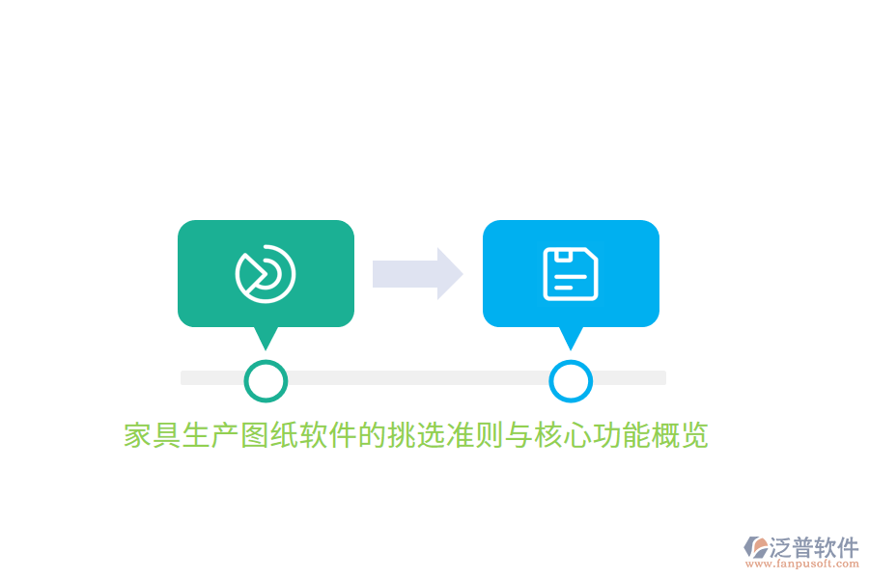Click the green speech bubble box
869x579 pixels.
(x=266, y=273)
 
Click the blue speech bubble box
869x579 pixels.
(x=571, y=273)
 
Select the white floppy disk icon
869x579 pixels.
(x=571, y=274)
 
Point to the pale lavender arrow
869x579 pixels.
(x=418, y=274)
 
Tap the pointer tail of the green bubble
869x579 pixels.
(x=266, y=338)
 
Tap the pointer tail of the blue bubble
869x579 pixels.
(x=571, y=338)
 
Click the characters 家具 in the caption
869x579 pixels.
(x=153, y=435)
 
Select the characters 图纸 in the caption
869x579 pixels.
(x=270, y=435)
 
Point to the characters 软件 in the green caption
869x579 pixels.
(x=328, y=435)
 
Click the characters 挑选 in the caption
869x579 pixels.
(x=417, y=435)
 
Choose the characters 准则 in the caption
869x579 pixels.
(x=475, y=435)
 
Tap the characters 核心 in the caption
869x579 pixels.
(x=564, y=435)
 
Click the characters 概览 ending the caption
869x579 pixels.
(x=681, y=435)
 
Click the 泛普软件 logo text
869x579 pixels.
(x=814, y=547)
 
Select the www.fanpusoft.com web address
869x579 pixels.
(x=802, y=564)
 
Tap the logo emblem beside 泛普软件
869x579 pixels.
(x=756, y=547)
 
